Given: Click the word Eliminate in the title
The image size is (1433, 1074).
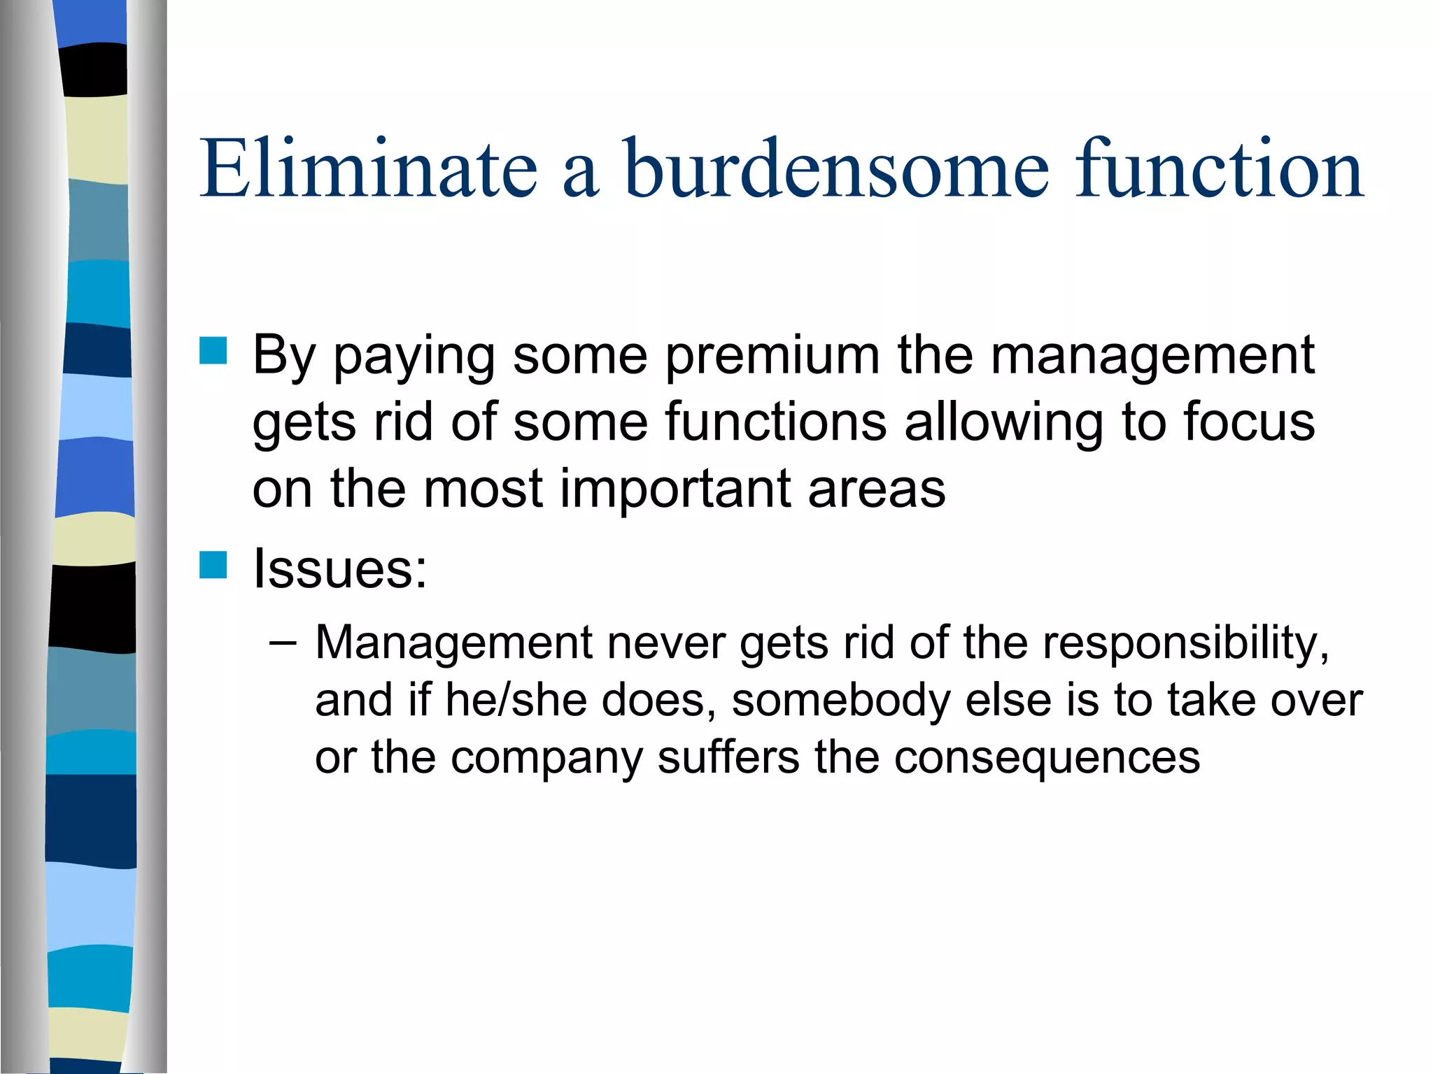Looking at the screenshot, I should (368, 169).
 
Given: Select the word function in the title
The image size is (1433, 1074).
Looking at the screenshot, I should (1219, 169).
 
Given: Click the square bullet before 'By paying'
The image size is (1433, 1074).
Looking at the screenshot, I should (213, 351).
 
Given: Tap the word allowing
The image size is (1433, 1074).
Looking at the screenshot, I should (1003, 424).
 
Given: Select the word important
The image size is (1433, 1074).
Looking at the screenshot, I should (675, 489).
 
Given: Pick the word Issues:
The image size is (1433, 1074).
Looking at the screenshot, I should (340, 568).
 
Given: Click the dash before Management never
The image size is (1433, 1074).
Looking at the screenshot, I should (283, 642).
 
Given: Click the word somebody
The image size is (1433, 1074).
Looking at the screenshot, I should (840, 700).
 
